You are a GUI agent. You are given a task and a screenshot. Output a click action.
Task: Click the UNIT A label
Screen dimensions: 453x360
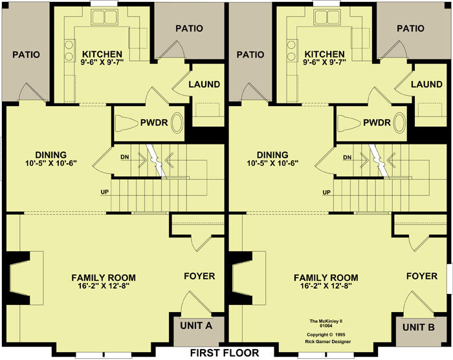(x=196, y=326)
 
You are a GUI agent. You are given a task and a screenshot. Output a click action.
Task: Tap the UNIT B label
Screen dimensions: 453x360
(x=419, y=328)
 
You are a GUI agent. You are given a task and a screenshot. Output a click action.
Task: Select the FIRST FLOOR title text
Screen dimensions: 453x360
(x=225, y=353)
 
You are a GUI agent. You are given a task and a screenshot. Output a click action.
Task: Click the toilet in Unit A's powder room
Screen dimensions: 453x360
(x=126, y=123)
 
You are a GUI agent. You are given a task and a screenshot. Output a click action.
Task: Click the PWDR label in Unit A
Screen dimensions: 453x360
(x=154, y=122)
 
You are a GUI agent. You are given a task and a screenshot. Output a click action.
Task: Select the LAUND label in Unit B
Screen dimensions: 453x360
(x=426, y=84)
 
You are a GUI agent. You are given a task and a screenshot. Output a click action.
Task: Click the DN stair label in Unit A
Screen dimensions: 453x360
(x=125, y=157)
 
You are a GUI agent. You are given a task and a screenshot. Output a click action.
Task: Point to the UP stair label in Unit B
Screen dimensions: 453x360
(x=327, y=192)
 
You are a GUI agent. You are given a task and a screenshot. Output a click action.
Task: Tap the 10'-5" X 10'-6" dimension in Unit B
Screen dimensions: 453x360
(x=272, y=163)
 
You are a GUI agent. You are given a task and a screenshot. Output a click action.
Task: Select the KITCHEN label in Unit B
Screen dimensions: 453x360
(x=325, y=54)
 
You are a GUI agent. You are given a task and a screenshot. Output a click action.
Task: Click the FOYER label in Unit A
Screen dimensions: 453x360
(x=199, y=276)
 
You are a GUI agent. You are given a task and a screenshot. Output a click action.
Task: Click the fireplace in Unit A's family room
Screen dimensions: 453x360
(x=25, y=278)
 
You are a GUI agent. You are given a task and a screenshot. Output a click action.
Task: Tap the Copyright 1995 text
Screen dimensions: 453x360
(x=326, y=335)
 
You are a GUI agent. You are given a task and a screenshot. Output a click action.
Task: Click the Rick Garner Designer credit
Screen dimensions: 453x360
(x=328, y=341)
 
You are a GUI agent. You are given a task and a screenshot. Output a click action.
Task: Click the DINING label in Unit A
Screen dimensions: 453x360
(x=51, y=155)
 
